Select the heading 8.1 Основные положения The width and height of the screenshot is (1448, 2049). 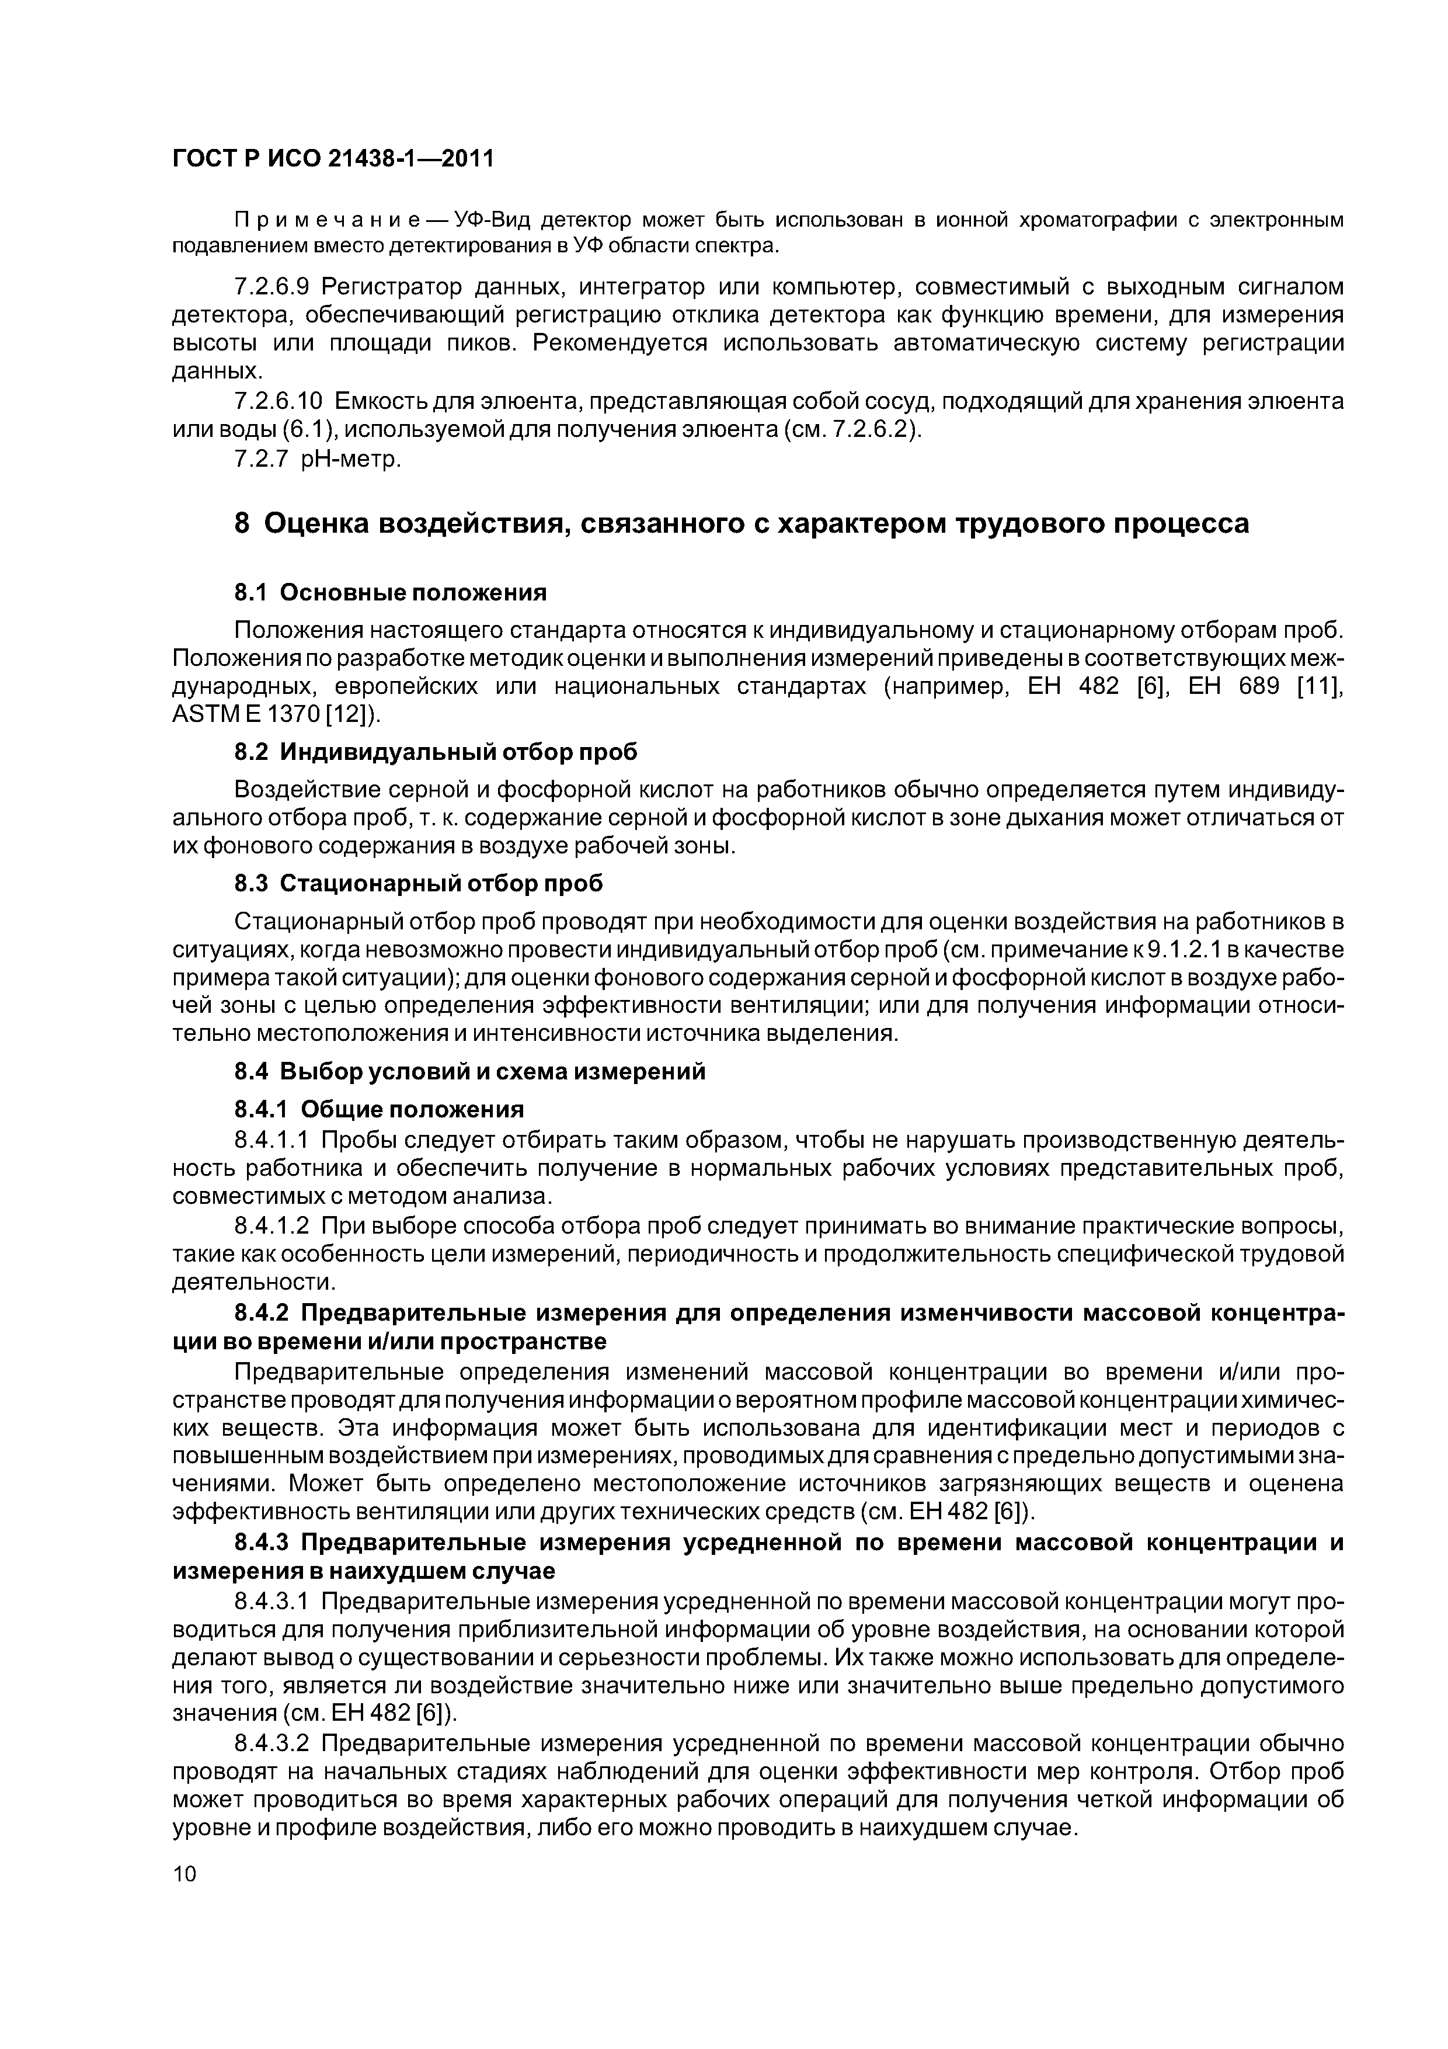click(x=390, y=593)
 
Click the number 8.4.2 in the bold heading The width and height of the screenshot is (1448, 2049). click(x=262, y=1314)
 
